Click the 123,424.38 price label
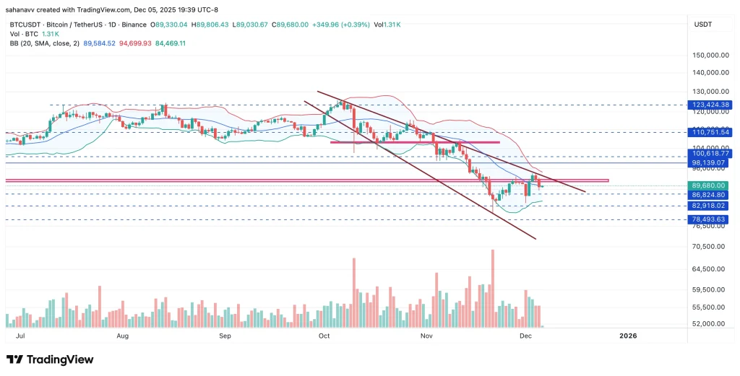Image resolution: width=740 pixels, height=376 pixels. (710, 105)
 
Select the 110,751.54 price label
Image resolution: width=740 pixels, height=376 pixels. (710, 132)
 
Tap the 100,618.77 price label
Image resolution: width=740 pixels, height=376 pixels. (710, 154)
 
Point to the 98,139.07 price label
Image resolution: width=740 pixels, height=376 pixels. (710, 163)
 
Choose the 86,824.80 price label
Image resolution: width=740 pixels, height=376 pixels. (710, 195)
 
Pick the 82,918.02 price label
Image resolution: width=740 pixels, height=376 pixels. (710, 206)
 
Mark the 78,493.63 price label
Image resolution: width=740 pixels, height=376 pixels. (710, 219)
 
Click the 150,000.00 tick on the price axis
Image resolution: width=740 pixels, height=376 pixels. (708, 55)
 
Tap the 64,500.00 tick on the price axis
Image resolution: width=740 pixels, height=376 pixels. (710, 269)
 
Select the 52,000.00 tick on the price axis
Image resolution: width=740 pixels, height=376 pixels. (710, 323)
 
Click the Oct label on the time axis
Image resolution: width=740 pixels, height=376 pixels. (324, 336)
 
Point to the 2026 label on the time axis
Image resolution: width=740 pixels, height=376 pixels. (628, 336)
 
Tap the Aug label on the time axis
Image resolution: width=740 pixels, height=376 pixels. (122, 336)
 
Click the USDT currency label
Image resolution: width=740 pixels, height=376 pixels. (704, 25)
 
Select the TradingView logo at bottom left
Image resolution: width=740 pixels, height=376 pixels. (50, 359)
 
